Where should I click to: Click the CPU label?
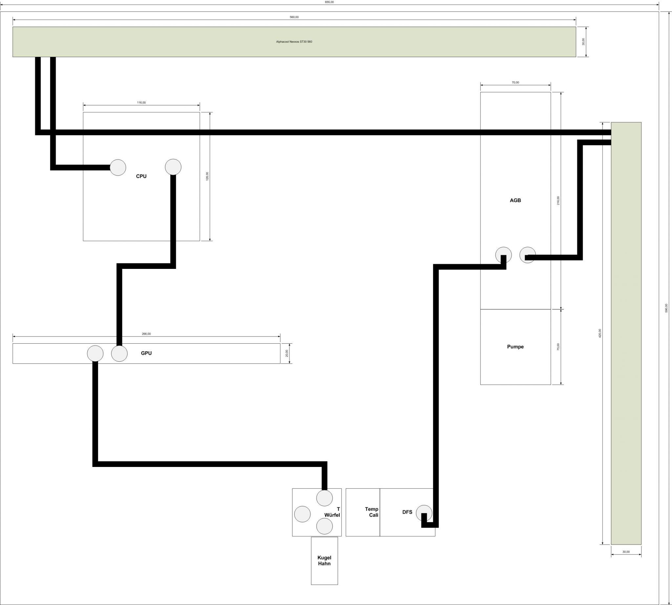[141, 176]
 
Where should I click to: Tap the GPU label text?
[146, 353]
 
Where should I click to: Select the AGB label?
[515, 200]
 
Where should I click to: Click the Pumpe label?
[515, 347]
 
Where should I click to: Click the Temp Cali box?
[363, 512]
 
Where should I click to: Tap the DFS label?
[407, 512]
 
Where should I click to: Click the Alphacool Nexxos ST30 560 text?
[294, 42]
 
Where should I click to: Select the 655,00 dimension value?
[329, 2]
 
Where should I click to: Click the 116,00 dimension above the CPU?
[141, 102]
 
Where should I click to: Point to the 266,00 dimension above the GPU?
[146, 334]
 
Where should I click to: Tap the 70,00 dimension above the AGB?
[515, 82]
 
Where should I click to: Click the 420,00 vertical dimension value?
[600, 333]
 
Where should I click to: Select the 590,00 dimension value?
[666, 308]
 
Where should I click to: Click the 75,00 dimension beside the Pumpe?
[558, 347]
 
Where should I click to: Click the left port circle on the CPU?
[118, 167]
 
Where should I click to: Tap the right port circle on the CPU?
[173, 167]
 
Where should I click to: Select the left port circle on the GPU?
[95, 353]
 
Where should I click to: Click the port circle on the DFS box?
[424, 513]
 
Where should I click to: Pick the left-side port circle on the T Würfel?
[303, 514]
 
